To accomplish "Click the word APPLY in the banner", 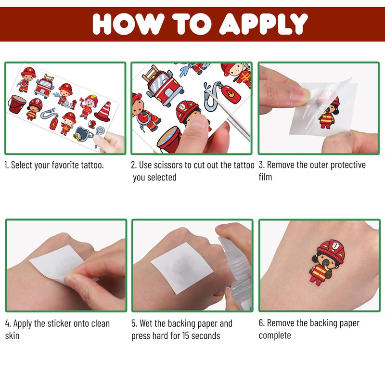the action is (x=263, y=24).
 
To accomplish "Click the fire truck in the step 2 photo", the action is (x=163, y=85).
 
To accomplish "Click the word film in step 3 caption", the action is (x=265, y=177).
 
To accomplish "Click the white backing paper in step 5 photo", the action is (x=182, y=268).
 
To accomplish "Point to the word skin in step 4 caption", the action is (x=12, y=335).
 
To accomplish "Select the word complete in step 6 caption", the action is (x=275, y=335).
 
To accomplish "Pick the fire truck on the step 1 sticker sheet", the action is (x=44, y=86).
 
